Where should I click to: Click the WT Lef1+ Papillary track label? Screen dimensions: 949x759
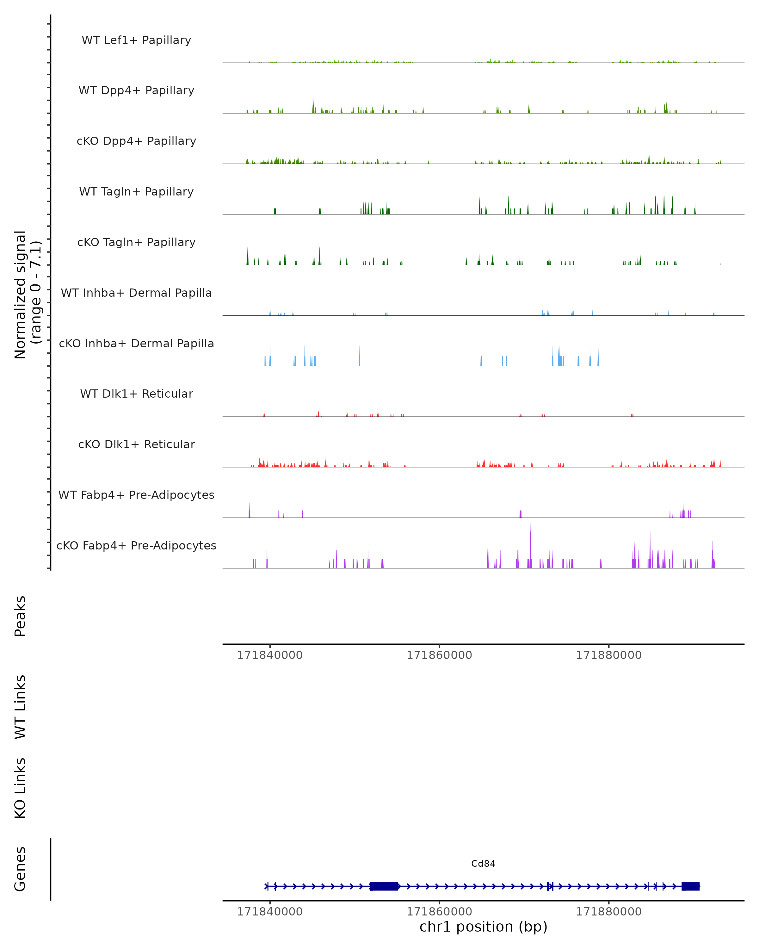pyautogui.click(x=136, y=40)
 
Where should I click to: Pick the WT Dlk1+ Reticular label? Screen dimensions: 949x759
pyautogui.click(x=136, y=394)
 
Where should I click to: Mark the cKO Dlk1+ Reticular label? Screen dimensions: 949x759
pyautogui.click(x=136, y=444)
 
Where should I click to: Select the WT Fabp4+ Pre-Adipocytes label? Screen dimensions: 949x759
pyautogui.click(x=136, y=495)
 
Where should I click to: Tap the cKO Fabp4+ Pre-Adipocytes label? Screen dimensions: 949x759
pyautogui.click(x=136, y=545)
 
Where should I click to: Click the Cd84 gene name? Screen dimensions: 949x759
pyautogui.click(x=483, y=864)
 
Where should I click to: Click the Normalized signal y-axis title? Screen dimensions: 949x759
pyautogui.click(x=27, y=295)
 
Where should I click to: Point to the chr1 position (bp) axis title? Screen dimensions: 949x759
pyautogui.click(x=483, y=927)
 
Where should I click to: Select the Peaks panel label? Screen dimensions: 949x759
pyautogui.click(x=20, y=616)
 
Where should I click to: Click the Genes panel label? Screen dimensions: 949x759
pyautogui.click(x=20, y=869)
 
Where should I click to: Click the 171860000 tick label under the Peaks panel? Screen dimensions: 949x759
pyautogui.click(x=439, y=655)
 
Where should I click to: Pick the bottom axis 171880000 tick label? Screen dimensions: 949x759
pyautogui.click(x=608, y=912)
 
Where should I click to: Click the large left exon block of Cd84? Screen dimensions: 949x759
pyautogui.click(x=384, y=886)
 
